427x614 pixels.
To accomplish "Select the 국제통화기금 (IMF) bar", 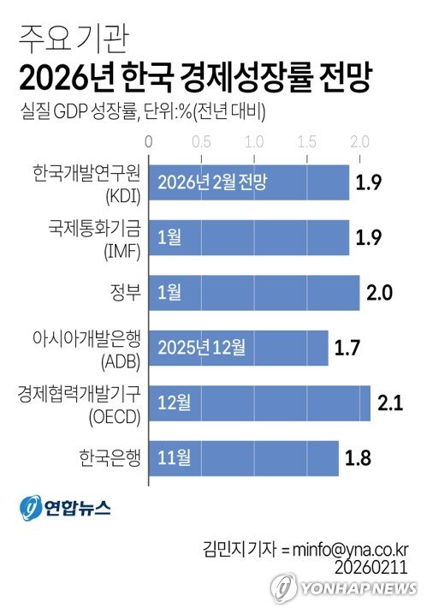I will point(249,238).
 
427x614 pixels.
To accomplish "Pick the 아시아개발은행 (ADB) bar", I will point(239,348).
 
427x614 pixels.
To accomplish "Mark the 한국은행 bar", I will point(244,457).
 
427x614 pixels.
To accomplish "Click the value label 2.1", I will point(391,402).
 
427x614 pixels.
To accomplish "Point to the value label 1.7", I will point(348,348).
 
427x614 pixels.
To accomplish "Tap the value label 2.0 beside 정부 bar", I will point(379,293).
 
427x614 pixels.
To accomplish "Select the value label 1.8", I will point(359,457).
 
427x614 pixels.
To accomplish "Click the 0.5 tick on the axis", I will point(202,140).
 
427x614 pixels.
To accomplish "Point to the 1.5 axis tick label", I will point(306,140).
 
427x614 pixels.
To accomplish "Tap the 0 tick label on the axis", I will point(150,140).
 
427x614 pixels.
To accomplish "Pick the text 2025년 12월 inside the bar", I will point(202,348).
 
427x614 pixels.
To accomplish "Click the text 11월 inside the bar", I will point(173,457).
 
